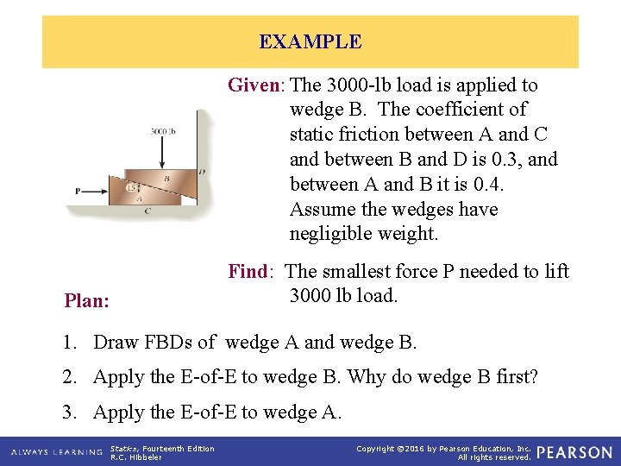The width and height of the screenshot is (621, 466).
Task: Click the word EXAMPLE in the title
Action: click(310, 41)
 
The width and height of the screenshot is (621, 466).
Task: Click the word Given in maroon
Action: click(254, 85)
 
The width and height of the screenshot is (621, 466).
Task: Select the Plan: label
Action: click(87, 301)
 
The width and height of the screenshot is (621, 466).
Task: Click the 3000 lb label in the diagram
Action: click(163, 132)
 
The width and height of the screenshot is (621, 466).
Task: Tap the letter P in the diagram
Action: click(78, 191)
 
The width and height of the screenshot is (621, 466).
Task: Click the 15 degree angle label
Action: click(130, 187)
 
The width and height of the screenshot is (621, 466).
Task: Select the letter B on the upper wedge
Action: click(166, 179)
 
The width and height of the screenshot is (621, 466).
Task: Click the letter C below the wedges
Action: click(147, 210)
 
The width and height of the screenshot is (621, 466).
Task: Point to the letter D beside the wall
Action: click(201, 172)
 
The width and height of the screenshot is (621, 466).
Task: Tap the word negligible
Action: click(328, 234)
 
